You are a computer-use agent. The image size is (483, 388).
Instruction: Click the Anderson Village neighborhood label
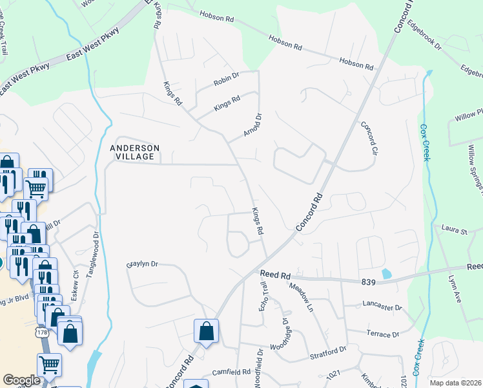tap(134, 152)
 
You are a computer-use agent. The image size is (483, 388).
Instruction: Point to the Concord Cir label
tap(368, 138)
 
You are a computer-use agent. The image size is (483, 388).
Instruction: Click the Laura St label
tap(454, 230)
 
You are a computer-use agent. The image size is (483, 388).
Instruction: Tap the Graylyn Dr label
tap(142, 264)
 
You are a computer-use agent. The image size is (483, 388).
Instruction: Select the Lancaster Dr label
tap(382, 308)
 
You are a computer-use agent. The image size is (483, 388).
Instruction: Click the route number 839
tap(368, 281)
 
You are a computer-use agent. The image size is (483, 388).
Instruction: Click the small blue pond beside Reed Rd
tap(386, 274)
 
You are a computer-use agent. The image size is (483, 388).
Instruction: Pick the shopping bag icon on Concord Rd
tap(206, 331)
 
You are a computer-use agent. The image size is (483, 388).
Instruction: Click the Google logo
tap(22, 380)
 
